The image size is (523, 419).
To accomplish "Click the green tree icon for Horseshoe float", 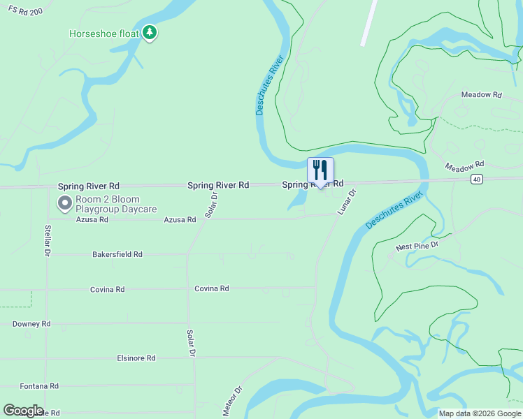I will pyautogui.click(x=149, y=32).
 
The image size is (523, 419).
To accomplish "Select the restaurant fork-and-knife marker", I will pyautogui.click(x=320, y=170).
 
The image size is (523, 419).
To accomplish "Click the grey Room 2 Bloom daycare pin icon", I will pyautogui.click(x=65, y=203).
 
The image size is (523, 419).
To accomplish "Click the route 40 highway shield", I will pyautogui.click(x=476, y=179).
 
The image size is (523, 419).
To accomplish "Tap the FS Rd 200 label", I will pyautogui.click(x=22, y=13).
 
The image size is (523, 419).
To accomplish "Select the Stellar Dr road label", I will pyautogui.click(x=48, y=238).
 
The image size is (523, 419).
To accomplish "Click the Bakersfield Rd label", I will pyautogui.click(x=117, y=255).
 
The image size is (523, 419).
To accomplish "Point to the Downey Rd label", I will pyautogui.click(x=31, y=324).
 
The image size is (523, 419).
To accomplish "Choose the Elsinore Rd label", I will pyautogui.click(x=136, y=358).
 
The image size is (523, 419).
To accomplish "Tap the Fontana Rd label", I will pyautogui.click(x=39, y=385).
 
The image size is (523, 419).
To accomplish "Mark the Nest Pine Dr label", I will pyautogui.click(x=417, y=245).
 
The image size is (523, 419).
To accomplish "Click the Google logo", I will pyautogui.click(x=23, y=411).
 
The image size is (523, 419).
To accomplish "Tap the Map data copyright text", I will pyautogui.click(x=479, y=413).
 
